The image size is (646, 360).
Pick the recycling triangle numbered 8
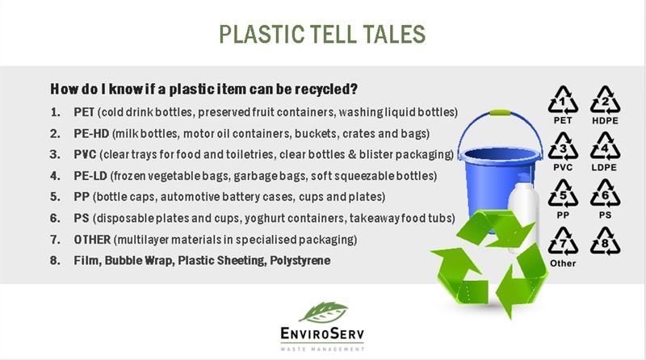coord(605,241)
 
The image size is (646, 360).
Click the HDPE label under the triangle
coord(605,121)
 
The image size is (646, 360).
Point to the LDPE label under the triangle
coord(604,168)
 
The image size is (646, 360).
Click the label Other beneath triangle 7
coord(563,263)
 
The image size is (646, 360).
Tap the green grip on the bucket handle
coord(500,112)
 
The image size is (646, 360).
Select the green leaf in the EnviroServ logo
coord(324,312)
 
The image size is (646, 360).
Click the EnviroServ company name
coord(322,333)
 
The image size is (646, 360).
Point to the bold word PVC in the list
coord(85,154)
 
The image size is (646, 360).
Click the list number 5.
coord(55,197)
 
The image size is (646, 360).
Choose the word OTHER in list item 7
coord(92,239)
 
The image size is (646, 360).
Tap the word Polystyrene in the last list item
coord(300,261)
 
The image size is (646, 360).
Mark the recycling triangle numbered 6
coord(605,194)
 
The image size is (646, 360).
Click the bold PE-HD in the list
coord(91,133)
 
